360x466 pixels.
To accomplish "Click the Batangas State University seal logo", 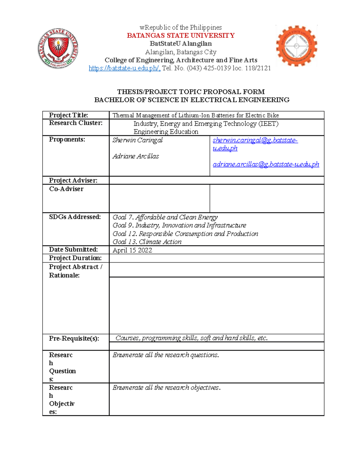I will pos(58,48).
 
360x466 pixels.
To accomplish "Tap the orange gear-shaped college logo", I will pos(296,46).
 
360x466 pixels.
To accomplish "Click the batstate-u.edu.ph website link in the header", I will pos(124,68).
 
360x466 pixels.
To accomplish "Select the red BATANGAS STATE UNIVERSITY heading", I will pos(181,36).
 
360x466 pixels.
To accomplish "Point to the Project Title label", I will pos(68,115).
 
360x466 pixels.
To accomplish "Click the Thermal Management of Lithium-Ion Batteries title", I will pos(195,116).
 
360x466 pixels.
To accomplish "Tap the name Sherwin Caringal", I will pos(137,140).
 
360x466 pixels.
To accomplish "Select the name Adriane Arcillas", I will pos(136,156).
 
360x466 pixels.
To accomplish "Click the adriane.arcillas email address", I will pos(266,164).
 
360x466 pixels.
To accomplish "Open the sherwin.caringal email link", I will pos(255,140).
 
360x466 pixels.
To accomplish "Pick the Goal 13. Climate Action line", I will pos(147,242).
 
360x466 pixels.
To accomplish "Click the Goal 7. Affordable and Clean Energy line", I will pos(165,217).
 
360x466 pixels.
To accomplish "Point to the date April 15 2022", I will pos(132,250).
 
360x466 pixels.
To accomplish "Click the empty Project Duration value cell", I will pos(216,258).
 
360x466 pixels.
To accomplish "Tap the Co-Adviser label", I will pos(66,189).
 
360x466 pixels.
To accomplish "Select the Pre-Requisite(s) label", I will pos(74,338).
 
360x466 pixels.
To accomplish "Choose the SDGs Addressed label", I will pos(75,217).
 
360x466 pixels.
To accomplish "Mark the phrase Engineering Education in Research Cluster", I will pos(166,132).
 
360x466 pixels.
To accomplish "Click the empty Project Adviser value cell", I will pos(216,180).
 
